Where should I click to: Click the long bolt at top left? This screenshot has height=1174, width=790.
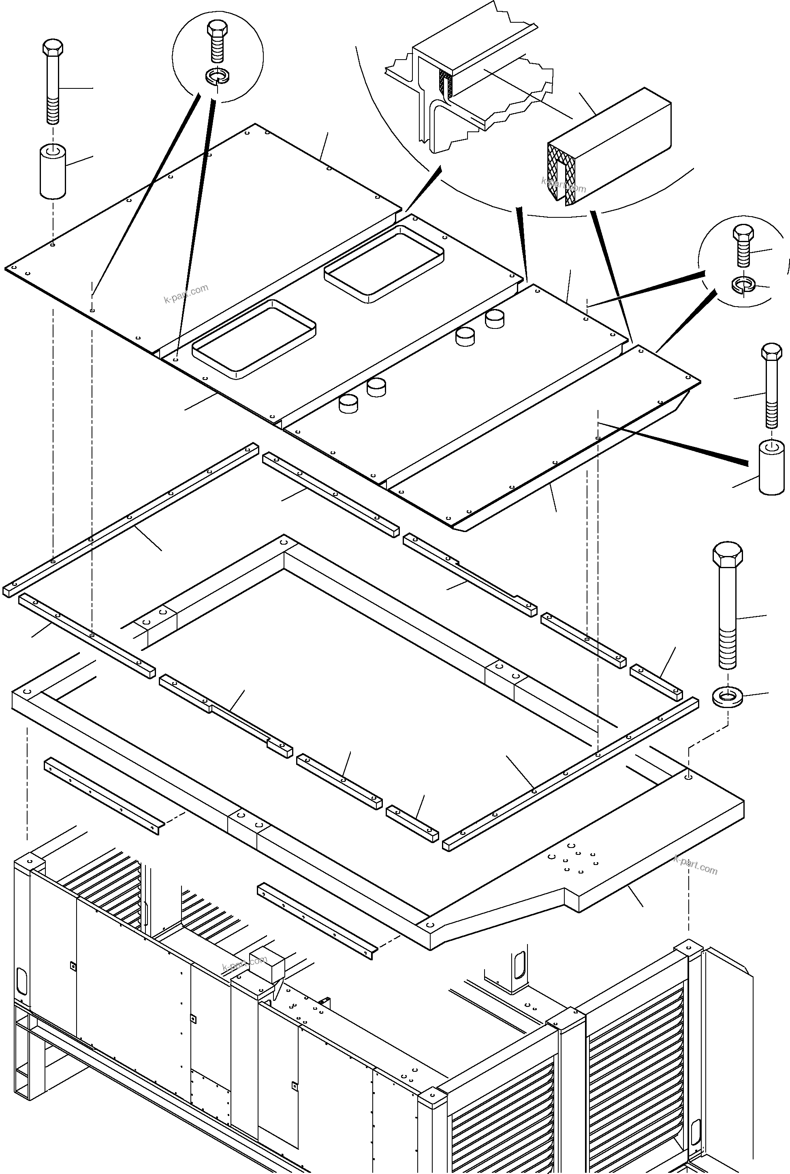52,83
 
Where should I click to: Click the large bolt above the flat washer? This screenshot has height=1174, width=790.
728,605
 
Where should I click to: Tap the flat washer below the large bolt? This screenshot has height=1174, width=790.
727,698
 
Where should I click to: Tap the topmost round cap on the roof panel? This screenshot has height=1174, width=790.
495,319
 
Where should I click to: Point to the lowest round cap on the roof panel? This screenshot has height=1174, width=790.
349,403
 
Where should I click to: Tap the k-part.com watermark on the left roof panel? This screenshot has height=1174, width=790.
186,294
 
